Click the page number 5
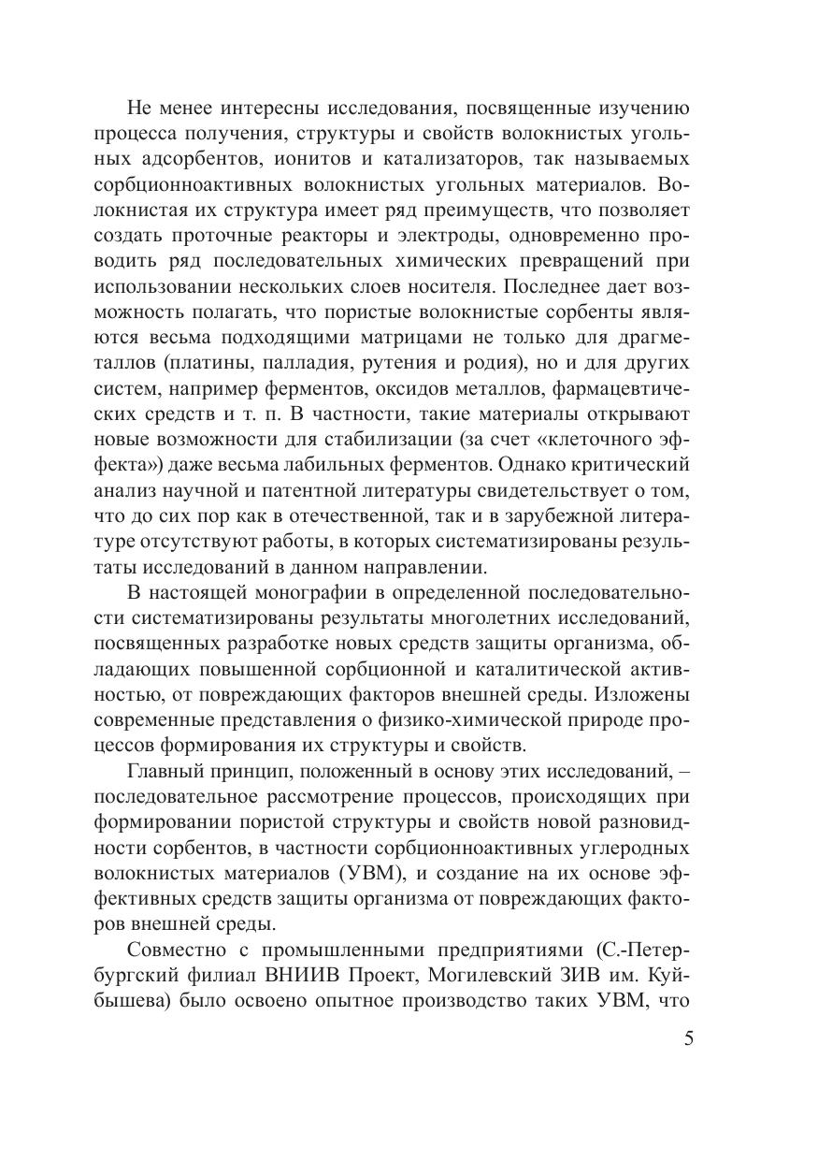point(689,1039)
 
